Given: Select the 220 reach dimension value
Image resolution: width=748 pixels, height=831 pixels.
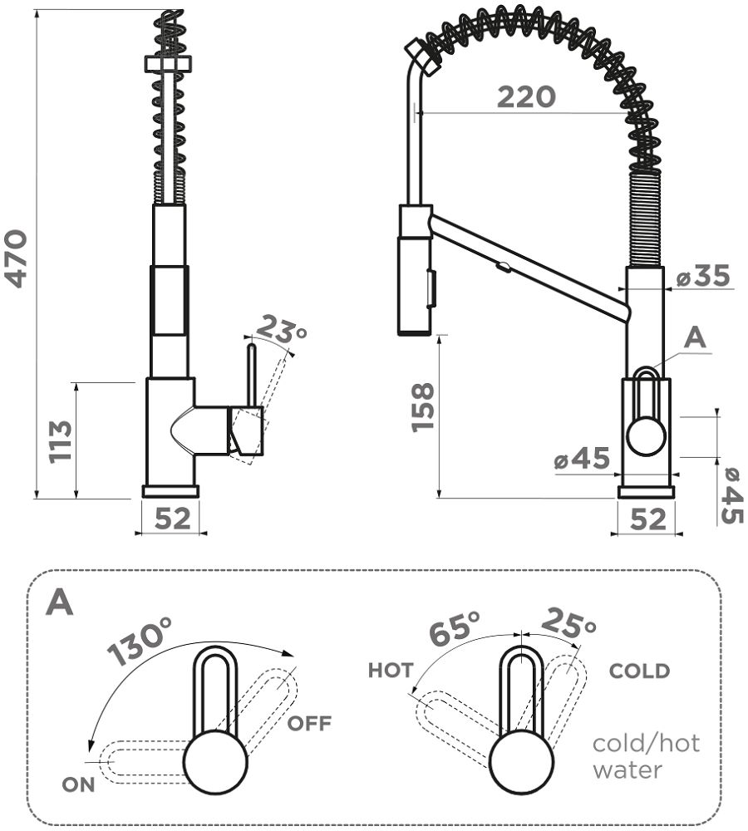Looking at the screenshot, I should pos(526,97).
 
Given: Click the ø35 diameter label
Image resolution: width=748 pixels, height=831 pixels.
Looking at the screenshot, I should pos(702,276).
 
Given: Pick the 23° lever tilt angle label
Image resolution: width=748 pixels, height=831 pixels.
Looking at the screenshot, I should pos(280,331).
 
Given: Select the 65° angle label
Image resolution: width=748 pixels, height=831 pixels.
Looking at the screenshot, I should pos(455,629).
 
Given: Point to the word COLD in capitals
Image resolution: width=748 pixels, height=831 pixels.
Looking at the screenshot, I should pos(639,671).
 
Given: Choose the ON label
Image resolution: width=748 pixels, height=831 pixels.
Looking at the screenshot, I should pos(78,784).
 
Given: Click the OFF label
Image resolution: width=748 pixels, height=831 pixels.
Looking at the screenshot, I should pos(309,723).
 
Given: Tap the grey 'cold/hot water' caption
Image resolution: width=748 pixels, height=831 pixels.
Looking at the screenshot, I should pos(645,755).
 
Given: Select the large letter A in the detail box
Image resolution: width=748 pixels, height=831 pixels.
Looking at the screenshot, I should pos(60,602).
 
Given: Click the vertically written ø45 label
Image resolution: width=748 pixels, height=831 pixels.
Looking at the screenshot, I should pos(731,496).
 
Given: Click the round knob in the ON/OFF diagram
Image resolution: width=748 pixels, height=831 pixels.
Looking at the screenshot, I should pos(215,763).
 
